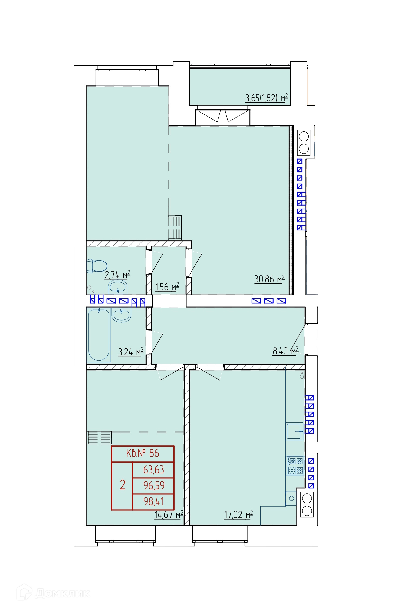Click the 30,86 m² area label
[270, 279]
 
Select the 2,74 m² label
[117, 275]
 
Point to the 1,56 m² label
[167, 287]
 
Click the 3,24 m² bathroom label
[131, 352]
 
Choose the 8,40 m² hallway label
[285, 351]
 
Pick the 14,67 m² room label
[169, 514]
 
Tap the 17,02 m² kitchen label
[238, 514]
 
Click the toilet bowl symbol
[97, 266]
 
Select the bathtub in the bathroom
[99, 335]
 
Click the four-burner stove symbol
[295, 466]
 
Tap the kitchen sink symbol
[295, 431]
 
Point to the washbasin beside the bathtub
[122, 315]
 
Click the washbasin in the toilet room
[118, 287]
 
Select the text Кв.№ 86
[143, 453]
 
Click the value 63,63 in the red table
[154, 470]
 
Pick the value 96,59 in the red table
[154, 486]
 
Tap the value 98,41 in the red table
[154, 501]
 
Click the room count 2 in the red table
[123, 485]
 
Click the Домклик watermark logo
[53, 593]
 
